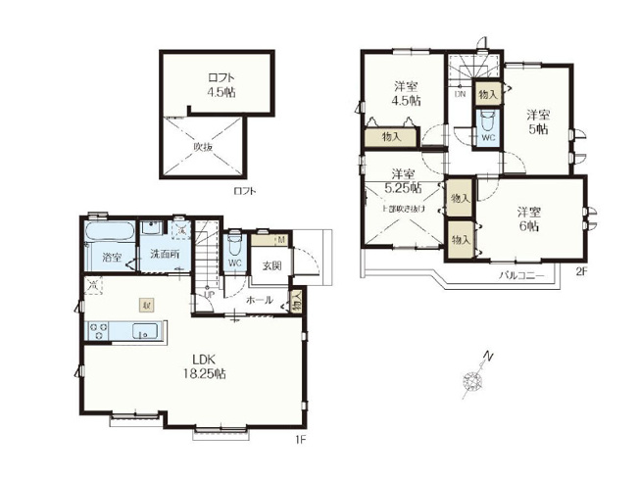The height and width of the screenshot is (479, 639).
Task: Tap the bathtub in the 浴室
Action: coord(110,234)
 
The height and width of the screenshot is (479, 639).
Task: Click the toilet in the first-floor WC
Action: coord(234,244)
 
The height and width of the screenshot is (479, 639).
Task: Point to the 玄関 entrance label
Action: coord(271,265)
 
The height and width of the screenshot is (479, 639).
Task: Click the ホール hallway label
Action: coord(259,300)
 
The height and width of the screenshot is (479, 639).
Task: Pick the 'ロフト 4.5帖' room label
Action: coord(220,85)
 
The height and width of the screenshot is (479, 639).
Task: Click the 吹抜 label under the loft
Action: coord(202,146)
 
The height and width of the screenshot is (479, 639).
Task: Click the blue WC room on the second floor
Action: coord(487,128)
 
